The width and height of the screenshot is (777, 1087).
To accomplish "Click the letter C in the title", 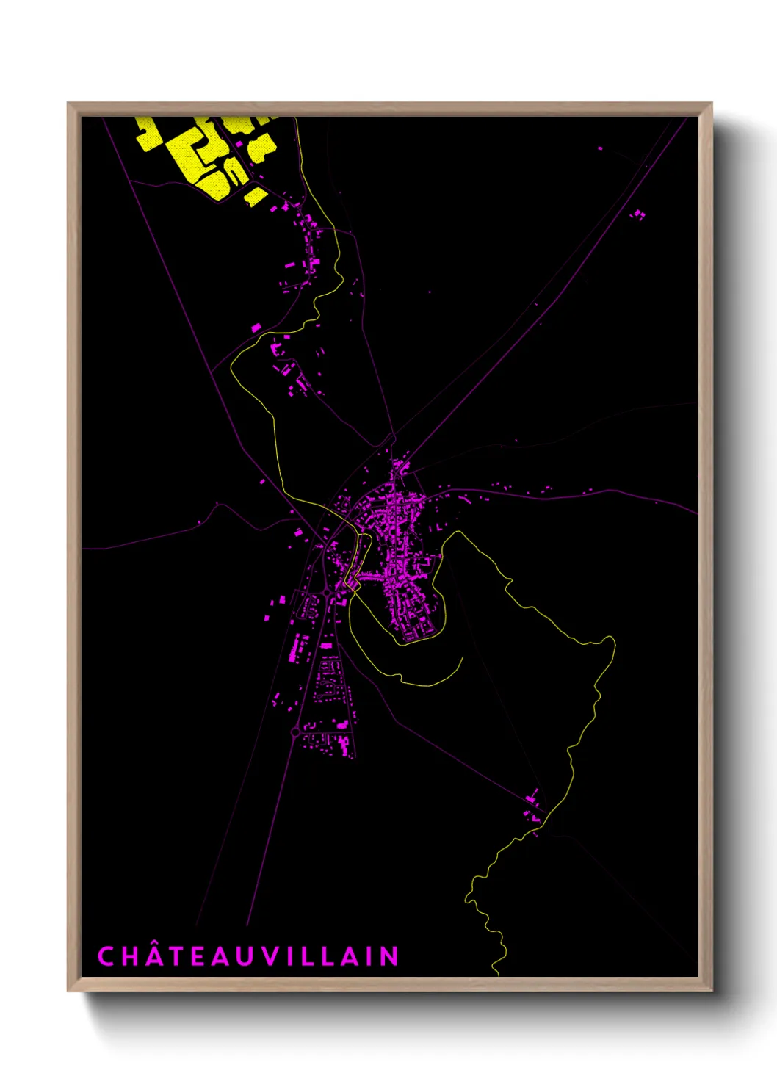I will coord(106,956).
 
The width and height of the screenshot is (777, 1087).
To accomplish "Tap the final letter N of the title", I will coord(389,956).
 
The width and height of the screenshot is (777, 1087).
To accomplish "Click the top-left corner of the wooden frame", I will coord(68,104).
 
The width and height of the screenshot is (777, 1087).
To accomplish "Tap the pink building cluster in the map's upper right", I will coord(638,214).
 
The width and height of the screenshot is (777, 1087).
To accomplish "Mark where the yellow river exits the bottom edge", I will coord(497,975).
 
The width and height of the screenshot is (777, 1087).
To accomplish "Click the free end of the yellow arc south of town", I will coord(462,657).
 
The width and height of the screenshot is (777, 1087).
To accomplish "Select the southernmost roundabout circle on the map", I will coord(295,732).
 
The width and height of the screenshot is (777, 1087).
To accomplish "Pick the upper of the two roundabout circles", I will coord(326,592).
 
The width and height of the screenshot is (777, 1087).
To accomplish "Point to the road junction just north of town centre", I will coord(393,438).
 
